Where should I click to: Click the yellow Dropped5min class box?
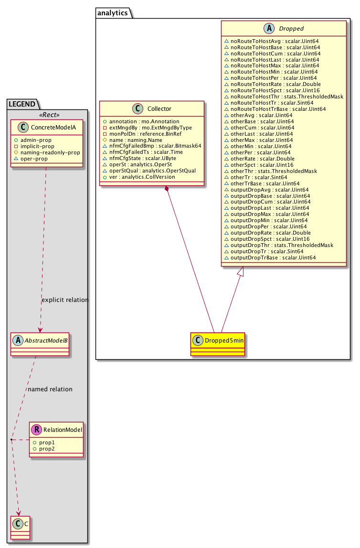217,344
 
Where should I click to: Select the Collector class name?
156,109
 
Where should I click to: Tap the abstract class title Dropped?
289,29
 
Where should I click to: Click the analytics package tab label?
112,13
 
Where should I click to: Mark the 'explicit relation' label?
65,300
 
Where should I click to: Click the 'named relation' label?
50,389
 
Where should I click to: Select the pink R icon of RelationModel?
36,430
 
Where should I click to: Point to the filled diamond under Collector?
167,190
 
